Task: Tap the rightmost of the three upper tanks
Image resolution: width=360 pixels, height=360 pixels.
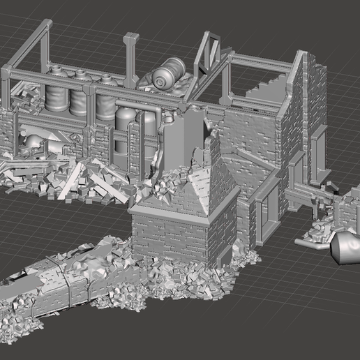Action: [x=106, y=99]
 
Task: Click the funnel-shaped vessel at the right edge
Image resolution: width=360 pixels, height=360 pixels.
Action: [x=345, y=247]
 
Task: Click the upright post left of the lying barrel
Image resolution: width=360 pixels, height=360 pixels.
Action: [x=131, y=59]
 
